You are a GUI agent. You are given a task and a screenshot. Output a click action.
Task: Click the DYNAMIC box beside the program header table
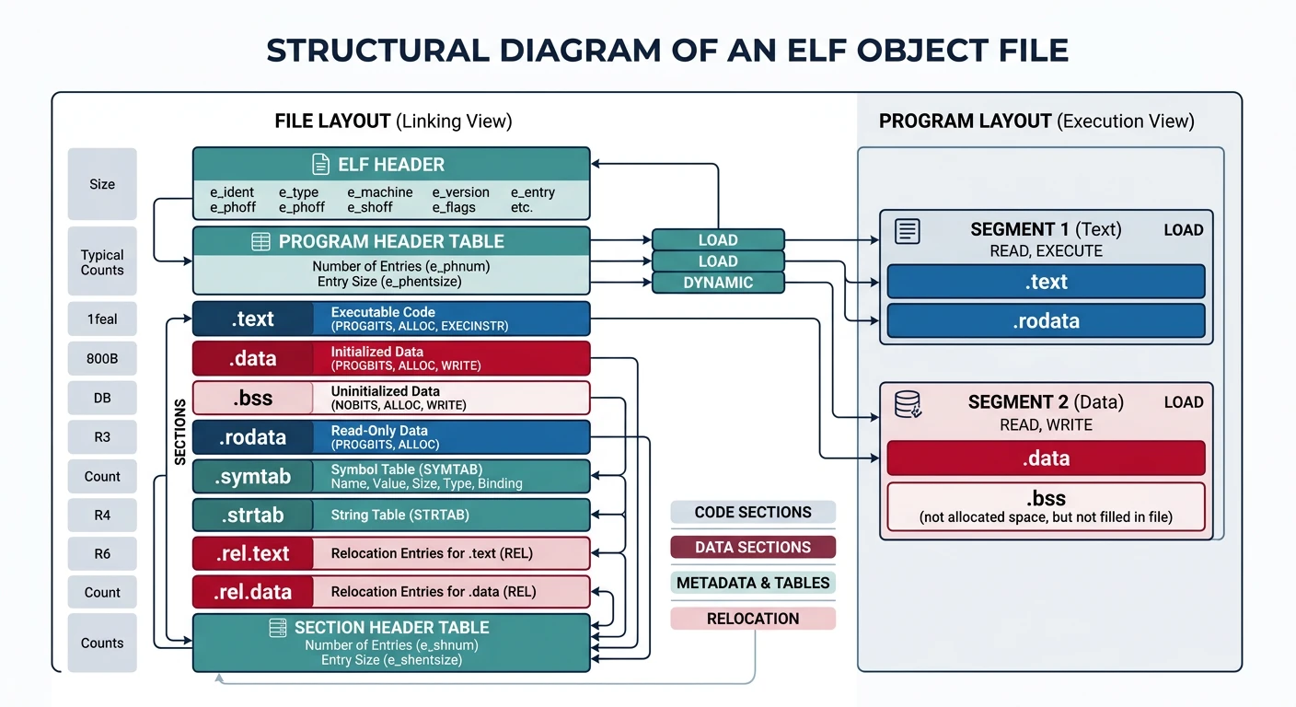718,283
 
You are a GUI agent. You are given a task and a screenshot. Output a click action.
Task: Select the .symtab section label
252,477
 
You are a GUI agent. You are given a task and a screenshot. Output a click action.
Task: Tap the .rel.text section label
252,553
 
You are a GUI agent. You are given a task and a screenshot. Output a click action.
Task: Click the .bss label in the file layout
252,399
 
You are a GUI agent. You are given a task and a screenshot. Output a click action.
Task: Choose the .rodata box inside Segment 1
1046,321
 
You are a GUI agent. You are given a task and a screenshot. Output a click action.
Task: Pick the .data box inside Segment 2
1046,458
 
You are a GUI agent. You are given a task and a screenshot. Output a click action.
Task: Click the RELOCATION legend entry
753,619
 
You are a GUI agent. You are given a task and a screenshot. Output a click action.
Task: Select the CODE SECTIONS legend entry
753,512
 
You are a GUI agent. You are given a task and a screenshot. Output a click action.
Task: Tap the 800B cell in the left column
102,359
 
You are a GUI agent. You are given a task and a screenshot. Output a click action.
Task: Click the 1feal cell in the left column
102,319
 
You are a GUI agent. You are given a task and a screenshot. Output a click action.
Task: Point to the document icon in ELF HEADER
320,165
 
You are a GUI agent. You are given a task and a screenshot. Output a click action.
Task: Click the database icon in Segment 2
908,404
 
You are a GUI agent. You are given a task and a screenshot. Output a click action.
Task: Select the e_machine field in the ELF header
380,192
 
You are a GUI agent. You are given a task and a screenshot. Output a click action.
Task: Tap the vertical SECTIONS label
180,431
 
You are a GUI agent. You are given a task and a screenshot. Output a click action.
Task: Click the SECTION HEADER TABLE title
391,628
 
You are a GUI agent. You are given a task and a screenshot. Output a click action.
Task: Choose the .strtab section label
252,516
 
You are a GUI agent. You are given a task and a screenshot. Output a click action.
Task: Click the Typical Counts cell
102,262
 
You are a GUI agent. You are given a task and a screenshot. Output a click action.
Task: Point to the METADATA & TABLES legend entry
753,583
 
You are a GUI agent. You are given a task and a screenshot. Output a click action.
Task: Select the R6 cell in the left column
102,553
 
